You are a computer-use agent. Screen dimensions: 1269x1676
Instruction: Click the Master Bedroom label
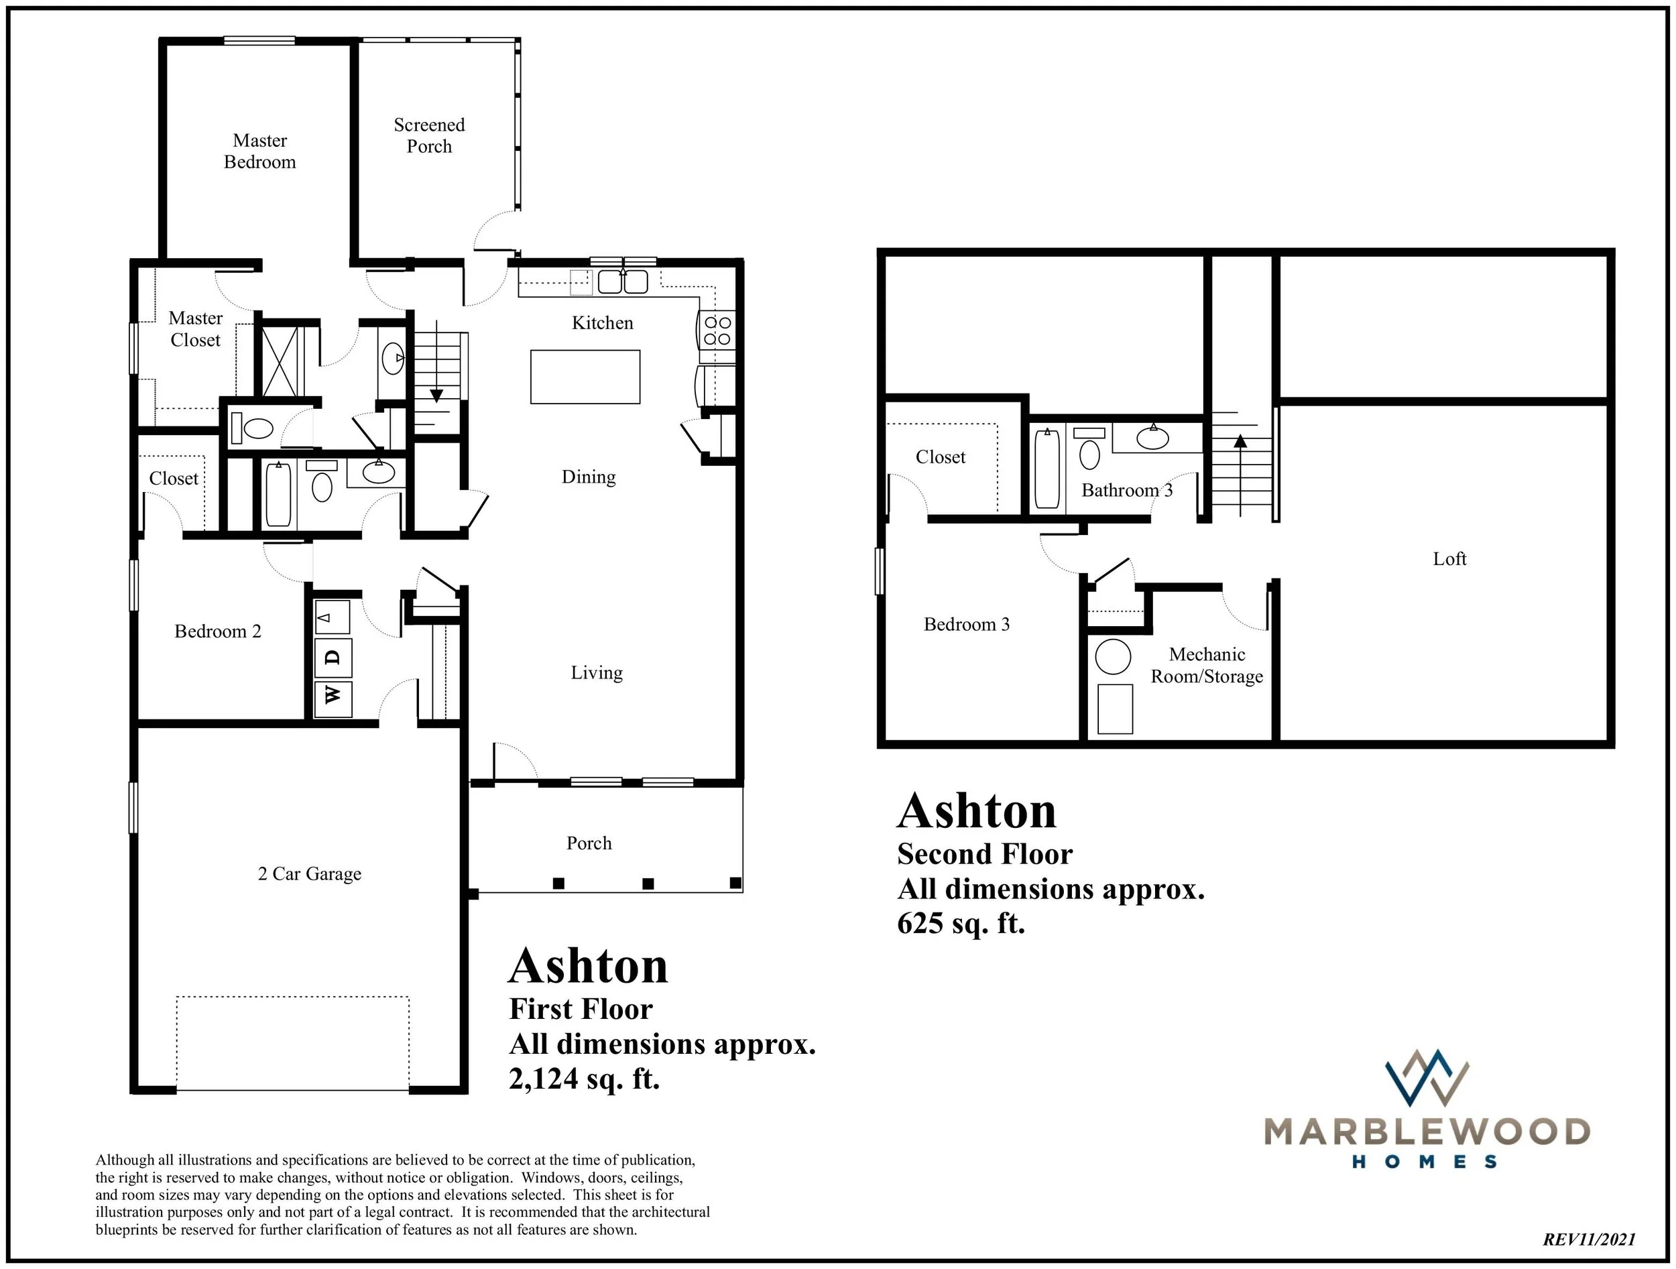[x=260, y=151]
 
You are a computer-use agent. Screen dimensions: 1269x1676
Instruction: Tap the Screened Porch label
[x=429, y=135]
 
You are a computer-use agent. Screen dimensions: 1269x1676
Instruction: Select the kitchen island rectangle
[x=585, y=377]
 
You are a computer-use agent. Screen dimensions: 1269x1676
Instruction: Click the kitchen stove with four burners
[x=717, y=330]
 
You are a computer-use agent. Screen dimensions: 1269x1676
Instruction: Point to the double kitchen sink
[x=623, y=282]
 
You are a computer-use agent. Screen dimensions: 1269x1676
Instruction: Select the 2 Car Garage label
[x=309, y=873]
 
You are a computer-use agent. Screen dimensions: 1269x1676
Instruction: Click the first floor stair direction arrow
[x=436, y=395]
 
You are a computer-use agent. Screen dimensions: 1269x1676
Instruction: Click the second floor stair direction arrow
[x=1240, y=441]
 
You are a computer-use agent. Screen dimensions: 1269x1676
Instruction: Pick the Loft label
[x=1449, y=559]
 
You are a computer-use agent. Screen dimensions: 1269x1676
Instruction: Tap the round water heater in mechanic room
[x=1113, y=657]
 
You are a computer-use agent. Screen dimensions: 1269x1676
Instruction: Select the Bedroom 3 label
[x=966, y=624]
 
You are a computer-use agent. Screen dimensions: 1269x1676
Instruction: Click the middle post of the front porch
[x=648, y=884]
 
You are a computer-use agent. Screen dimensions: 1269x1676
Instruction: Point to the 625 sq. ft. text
[x=960, y=924]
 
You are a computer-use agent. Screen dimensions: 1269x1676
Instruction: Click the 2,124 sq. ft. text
[x=584, y=1078]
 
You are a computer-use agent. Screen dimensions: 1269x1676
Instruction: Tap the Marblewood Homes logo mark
[x=1426, y=1077]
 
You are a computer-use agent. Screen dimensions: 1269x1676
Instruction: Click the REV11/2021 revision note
[x=1589, y=1240]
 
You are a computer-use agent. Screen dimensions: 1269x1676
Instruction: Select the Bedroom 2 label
[x=217, y=631]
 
